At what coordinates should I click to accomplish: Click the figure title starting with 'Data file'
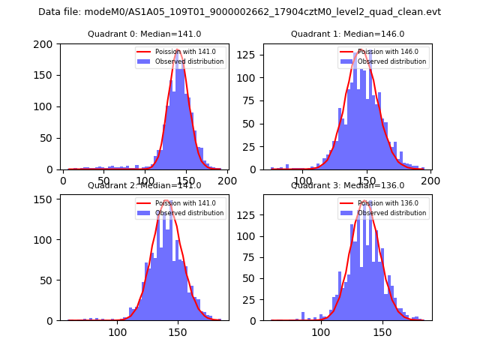(239, 12)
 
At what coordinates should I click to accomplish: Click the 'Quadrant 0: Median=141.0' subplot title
(144, 34)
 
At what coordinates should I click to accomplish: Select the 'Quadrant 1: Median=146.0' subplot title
(347, 34)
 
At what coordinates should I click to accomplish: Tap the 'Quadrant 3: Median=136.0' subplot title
(347, 185)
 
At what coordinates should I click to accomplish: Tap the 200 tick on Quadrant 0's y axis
(47, 44)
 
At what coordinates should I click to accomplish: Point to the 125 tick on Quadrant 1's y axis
(250, 55)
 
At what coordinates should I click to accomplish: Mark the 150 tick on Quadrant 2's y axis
(47, 199)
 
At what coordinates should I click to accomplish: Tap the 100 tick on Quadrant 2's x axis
(118, 331)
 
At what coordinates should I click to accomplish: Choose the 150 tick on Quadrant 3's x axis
(382, 331)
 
